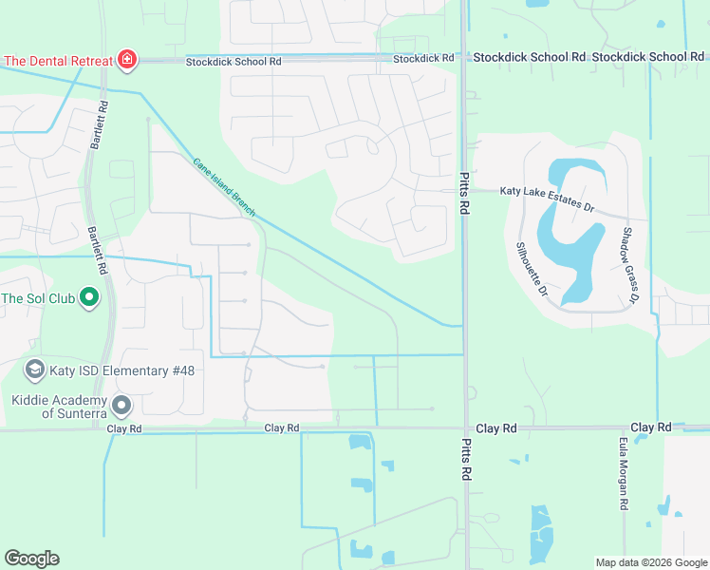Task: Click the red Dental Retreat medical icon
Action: (126, 61)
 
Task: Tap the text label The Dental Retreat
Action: (57, 61)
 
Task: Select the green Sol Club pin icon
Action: (89, 298)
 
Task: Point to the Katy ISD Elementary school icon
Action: (35, 370)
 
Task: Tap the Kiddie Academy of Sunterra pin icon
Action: (121, 406)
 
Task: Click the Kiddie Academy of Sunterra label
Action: (59, 406)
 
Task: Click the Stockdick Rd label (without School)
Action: (423, 59)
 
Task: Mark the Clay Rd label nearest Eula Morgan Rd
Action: (651, 428)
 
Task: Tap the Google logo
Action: (31, 559)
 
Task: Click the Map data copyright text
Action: (650, 562)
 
